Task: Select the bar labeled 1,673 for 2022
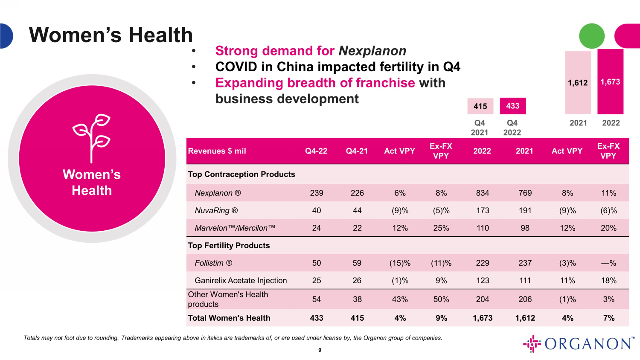click(x=610, y=81)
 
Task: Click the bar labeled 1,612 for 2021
click(x=578, y=82)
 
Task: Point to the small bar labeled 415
click(x=480, y=106)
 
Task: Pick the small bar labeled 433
click(x=512, y=106)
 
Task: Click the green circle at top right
click(x=591, y=36)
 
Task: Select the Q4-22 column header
click(x=316, y=151)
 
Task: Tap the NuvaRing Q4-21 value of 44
click(x=357, y=210)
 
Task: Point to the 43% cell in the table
click(x=400, y=299)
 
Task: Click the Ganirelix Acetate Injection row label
click(x=241, y=280)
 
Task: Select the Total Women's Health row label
click(x=229, y=318)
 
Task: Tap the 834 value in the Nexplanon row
click(x=483, y=193)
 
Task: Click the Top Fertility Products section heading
click(x=229, y=245)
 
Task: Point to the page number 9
click(x=320, y=350)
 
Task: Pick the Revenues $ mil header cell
click(x=217, y=151)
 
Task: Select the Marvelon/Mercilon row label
click(x=235, y=228)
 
